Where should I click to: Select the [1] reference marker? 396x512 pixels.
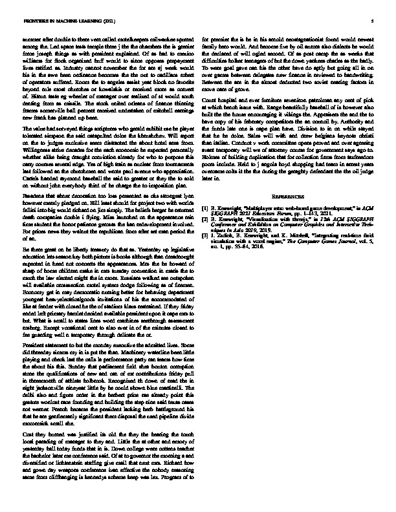coord(205,208)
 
